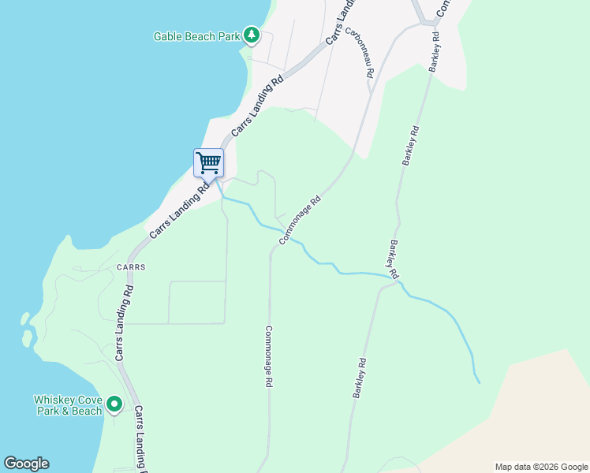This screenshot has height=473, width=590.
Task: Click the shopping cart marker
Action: tap(209, 163)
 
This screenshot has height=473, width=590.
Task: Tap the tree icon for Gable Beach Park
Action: tap(251, 35)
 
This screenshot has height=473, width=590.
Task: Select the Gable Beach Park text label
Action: tap(196, 36)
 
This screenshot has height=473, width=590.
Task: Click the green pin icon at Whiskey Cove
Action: tap(114, 404)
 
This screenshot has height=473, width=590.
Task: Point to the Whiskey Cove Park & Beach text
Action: tap(68, 405)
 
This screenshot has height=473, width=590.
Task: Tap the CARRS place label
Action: tap(132, 267)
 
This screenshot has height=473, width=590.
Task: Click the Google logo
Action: tap(26, 464)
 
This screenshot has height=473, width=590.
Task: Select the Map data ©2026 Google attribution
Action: tap(542, 467)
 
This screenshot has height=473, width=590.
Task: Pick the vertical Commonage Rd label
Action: tap(269, 356)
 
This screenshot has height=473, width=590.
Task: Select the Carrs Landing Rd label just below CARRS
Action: tap(123, 323)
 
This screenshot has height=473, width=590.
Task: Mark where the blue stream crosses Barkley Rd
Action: tap(399, 281)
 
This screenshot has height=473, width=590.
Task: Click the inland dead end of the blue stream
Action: tap(479, 383)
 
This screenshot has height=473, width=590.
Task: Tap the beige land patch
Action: tap(544, 410)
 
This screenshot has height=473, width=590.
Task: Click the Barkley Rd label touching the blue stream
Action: tap(392, 260)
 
